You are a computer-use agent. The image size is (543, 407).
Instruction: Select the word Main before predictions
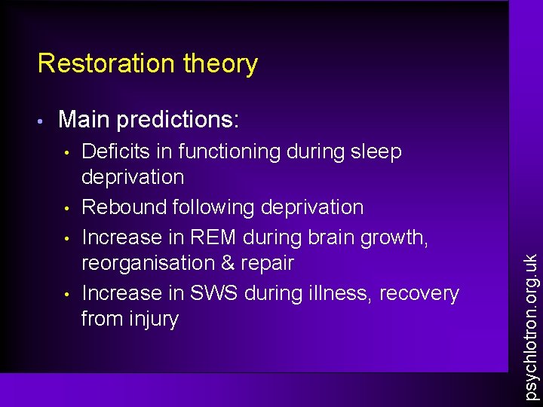pos(82,119)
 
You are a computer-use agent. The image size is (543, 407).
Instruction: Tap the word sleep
pos(376,152)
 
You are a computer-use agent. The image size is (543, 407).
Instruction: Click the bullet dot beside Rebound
pos(67,208)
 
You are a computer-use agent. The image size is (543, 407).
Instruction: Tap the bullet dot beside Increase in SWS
pos(67,294)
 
